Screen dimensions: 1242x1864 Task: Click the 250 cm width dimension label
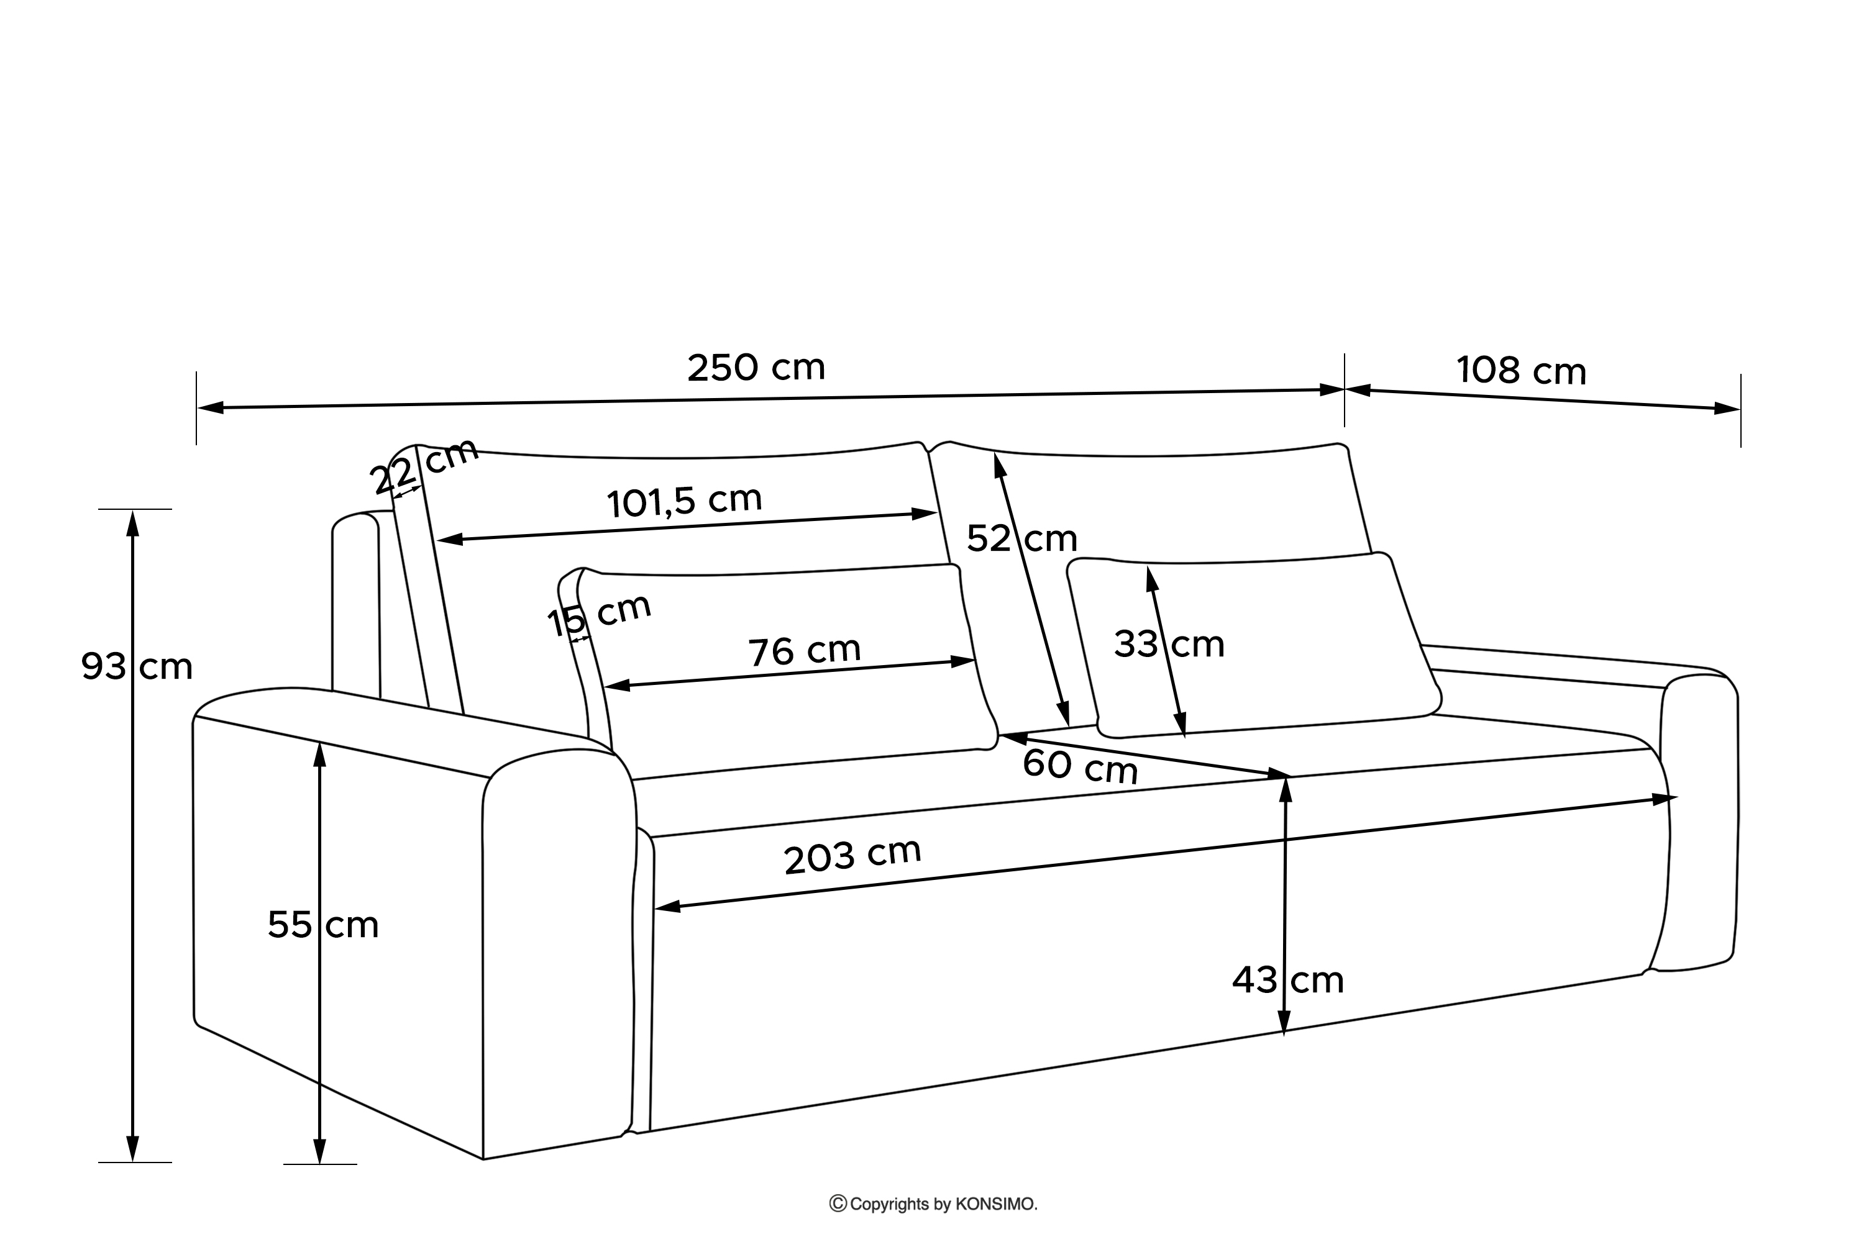[x=756, y=368]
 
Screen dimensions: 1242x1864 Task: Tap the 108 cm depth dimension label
[x=1521, y=371]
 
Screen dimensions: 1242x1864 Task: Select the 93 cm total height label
[x=136, y=667]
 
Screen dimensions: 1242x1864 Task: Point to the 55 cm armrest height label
[x=322, y=925]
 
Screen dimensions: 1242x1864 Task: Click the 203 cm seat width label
[x=852, y=856]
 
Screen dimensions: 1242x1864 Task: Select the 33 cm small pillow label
[x=1169, y=644]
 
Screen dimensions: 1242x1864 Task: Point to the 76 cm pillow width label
[x=805, y=651]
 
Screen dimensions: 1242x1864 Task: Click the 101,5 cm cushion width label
[x=684, y=501]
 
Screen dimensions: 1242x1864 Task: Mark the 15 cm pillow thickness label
[x=599, y=614]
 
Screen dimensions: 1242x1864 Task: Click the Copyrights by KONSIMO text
[x=943, y=1205]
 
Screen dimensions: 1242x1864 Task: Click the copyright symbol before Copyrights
[x=838, y=1204]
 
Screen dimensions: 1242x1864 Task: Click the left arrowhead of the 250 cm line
[x=209, y=408]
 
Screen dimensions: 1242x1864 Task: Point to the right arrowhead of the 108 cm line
[x=1728, y=409]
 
